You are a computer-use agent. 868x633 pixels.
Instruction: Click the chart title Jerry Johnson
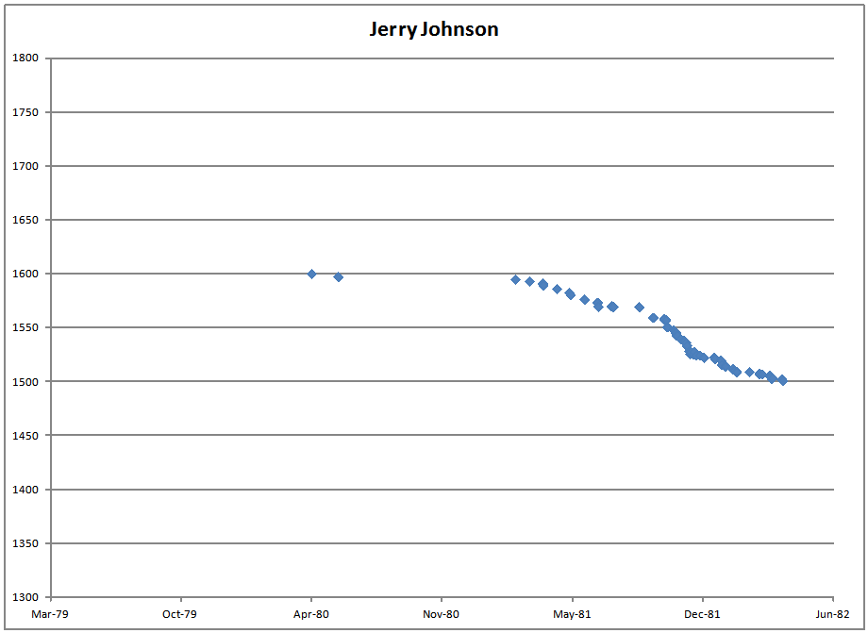tap(433, 29)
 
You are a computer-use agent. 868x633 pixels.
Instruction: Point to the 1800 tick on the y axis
tap(25, 58)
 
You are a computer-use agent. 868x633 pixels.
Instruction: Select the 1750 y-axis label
tap(25, 112)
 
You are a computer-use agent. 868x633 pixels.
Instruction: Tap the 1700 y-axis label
tap(25, 166)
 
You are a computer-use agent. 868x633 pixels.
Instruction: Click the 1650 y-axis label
tap(25, 220)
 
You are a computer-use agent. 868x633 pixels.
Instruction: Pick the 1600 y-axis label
tap(25, 275)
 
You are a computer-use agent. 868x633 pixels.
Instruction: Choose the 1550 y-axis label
tap(25, 328)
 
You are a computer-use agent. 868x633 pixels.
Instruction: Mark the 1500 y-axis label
tap(25, 382)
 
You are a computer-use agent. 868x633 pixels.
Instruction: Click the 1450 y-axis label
tap(25, 436)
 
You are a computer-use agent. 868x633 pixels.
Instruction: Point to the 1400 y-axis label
tap(25, 490)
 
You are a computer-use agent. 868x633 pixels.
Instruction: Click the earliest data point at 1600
tap(311, 274)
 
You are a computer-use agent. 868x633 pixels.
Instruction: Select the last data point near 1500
tap(782, 380)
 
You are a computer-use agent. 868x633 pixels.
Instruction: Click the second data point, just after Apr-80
tap(338, 276)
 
